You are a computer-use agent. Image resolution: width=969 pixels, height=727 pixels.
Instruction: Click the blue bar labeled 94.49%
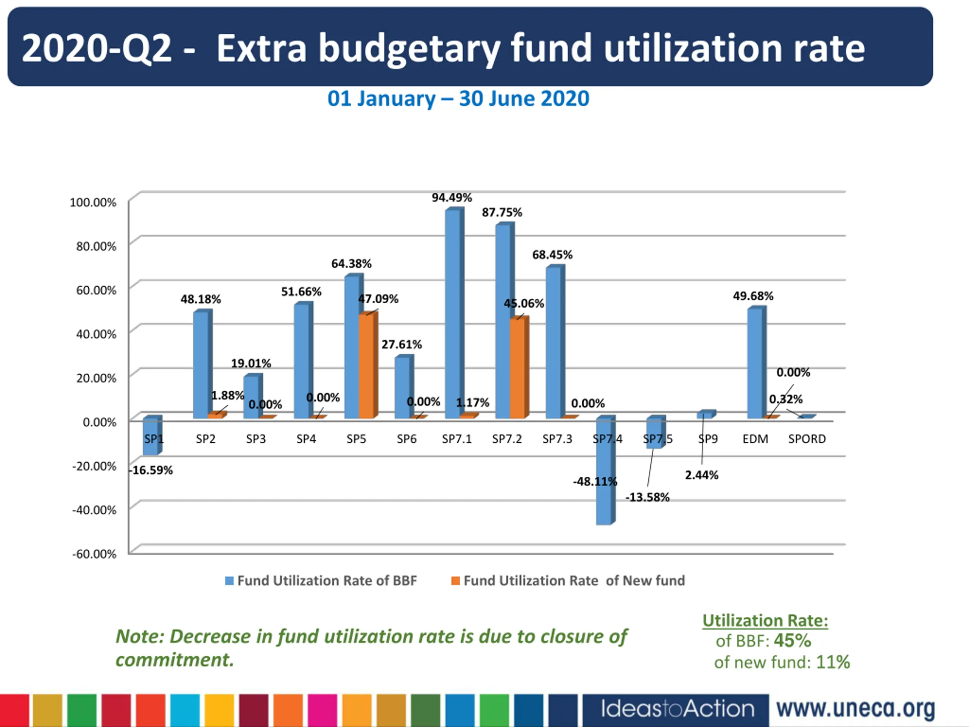pos(453,313)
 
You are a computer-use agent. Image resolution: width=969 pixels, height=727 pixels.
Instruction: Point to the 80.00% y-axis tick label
pos(96,246)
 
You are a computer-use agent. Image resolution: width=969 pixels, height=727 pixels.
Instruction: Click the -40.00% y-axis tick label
pos(94,510)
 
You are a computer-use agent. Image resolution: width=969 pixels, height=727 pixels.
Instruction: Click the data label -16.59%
pos(151,470)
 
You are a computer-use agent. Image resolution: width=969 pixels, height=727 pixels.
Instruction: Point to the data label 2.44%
pos(702,475)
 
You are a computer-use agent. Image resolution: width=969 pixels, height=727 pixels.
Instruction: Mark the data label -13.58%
pos(648,498)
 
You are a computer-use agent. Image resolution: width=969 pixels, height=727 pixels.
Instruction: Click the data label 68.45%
pos(552,254)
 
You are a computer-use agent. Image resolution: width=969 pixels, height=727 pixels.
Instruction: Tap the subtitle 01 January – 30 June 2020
pos(458,98)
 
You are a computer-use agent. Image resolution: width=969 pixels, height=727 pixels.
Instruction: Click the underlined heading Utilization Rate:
pos(765,621)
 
